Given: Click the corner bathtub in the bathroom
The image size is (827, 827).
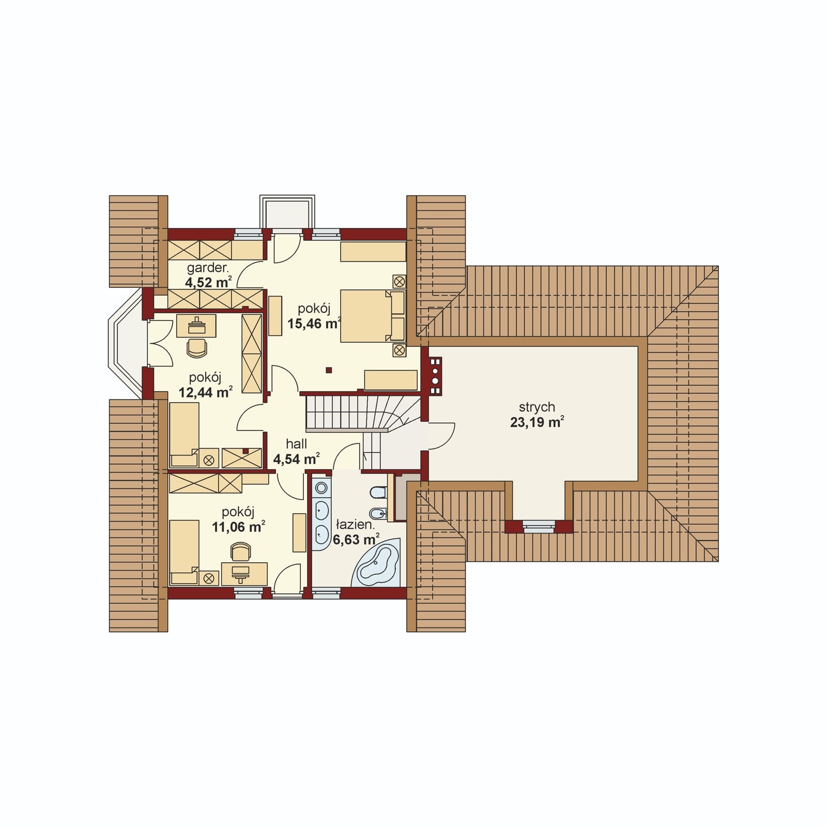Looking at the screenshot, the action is coord(378,565).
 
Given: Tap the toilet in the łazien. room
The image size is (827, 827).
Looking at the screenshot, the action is coord(378,492).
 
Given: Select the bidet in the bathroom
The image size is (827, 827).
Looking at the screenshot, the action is coord(378,514).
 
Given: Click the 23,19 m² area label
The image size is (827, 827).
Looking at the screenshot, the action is coord(537,422).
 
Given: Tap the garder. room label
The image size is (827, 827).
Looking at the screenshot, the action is coord(208,268).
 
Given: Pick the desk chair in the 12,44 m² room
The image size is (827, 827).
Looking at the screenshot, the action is coord(196,347).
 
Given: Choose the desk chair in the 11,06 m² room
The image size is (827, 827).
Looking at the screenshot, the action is coord(241,552).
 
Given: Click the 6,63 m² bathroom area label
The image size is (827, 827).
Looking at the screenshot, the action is coord(356,540).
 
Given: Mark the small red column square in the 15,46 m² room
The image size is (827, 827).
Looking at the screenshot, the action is coord(328,370).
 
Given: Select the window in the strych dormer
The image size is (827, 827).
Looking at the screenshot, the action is coord(539,527).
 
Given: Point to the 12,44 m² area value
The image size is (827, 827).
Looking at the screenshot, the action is coord(205,392).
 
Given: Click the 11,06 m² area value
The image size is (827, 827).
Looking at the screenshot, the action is coord(238,527).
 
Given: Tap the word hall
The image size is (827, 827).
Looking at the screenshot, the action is coord(297,443).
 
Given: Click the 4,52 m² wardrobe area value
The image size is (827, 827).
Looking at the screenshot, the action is coord(208,282).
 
